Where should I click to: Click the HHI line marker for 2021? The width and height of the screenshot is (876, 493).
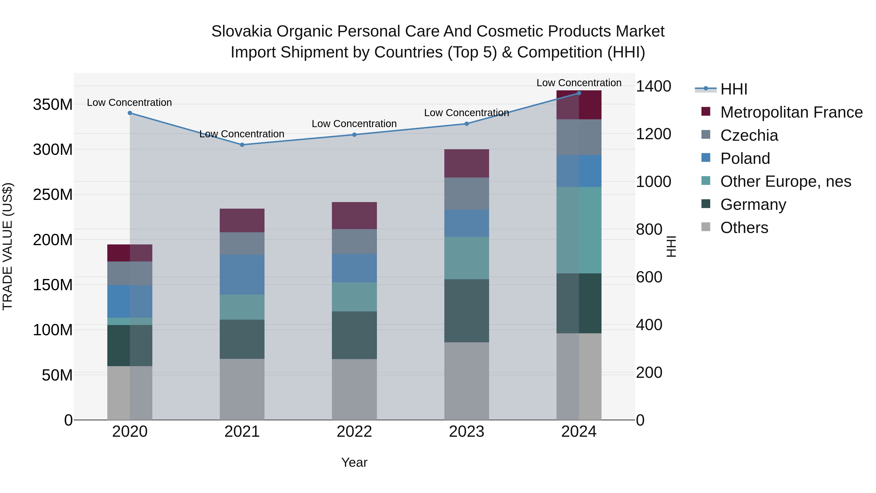[242, 145]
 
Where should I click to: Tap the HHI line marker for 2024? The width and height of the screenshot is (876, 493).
[579, 93]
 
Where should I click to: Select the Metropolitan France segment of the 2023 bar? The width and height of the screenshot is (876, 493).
[466, 163]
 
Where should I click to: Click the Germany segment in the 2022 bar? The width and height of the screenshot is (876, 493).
[354, 335]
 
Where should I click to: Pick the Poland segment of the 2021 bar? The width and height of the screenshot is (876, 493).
[242, 275]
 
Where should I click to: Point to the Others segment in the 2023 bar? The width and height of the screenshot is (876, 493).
[466, 381]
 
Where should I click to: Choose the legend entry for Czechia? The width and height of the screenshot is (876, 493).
[748, 135]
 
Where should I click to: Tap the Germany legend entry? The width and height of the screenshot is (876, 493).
[753, 205]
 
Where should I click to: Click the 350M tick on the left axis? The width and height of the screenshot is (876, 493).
[53, 104]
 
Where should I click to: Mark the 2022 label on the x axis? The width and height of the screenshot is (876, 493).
[354, 432]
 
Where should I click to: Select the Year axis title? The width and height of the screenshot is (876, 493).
[354, 462]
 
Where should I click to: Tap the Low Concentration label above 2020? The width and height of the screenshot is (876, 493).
[129, 102]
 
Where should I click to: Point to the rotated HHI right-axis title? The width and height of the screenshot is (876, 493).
[671, 246]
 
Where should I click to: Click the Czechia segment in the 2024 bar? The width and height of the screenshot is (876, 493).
[579, 137]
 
